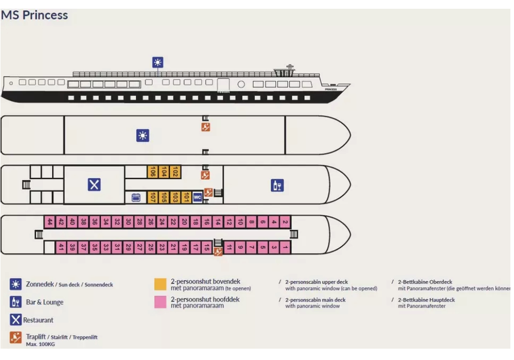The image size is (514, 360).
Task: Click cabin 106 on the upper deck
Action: [153, 172]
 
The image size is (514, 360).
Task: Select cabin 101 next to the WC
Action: [187, 197]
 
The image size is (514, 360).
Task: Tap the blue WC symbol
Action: [197, 197]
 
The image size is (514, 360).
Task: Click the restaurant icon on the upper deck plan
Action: [94, 185]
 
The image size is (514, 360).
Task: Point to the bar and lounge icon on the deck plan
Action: [277, 185]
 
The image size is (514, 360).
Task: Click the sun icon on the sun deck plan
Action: [142, 135]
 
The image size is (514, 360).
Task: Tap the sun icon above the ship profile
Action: [158, 63]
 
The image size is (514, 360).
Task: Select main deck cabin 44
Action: [49, 222]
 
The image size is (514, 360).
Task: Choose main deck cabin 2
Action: [285, 222]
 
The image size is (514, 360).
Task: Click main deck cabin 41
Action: [61, 247]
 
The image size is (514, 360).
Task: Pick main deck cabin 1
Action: [285, 247]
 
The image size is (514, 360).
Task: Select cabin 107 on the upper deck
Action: [153, 197]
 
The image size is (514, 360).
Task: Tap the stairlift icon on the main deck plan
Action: [218, 252]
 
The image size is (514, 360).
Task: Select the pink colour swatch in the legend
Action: [160, 302]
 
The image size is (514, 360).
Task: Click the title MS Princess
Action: [34, 15]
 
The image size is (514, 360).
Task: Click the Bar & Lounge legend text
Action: [45, 302]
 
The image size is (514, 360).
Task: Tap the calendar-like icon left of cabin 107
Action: [136, 197]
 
